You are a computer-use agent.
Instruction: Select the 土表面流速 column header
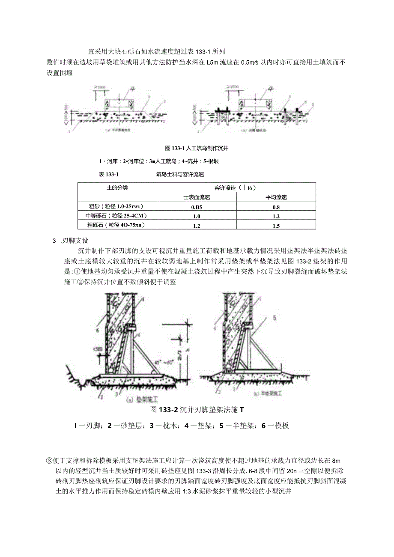pyautogui.click(x=197, y=197)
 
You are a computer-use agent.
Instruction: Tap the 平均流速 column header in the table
pyautogui.click(x=276, y=197)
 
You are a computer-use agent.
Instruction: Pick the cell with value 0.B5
pyautogui.click(x=197, y=207)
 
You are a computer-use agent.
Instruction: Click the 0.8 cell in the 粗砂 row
pyautogui.click(x=276, y=207)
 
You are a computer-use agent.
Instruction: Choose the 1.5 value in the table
pyautogui.click(x=276, y=226)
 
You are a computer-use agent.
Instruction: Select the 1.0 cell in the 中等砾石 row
pyautogui.click(x=197, y=216)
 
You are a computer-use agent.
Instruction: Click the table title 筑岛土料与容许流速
pyautogui.click(x=180, y=174)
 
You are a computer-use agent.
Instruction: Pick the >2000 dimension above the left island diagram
pyautogui.click(x=102, y=87)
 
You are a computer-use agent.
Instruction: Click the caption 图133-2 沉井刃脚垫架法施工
pyautogui.click(x=197, y=410)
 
